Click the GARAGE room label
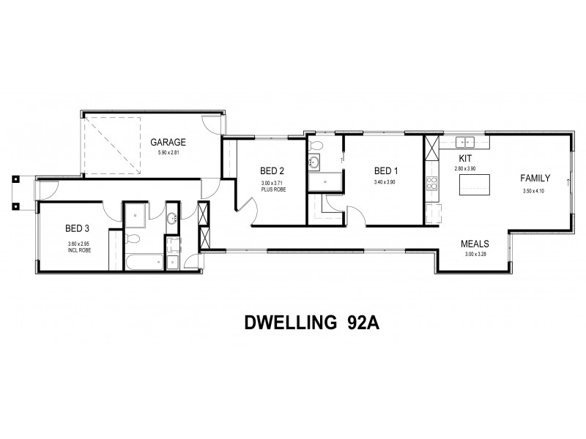pyautogui.click(x=168, y=143)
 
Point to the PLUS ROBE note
pyautogui.click(x=271, y=190)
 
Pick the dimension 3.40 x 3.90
pyautogui.click(x=384, y=182)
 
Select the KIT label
pyautogui.click(x=465, y=159)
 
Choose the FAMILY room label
pyautogui.click(x=535, y=178)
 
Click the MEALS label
pyautogui.click(x=475, y=244)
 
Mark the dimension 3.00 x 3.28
pyautogui.click(x=475, y=254)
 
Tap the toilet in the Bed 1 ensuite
pyautogui.click(x=316, y=162)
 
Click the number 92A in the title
pyautogui.click(x=360, y=323)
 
